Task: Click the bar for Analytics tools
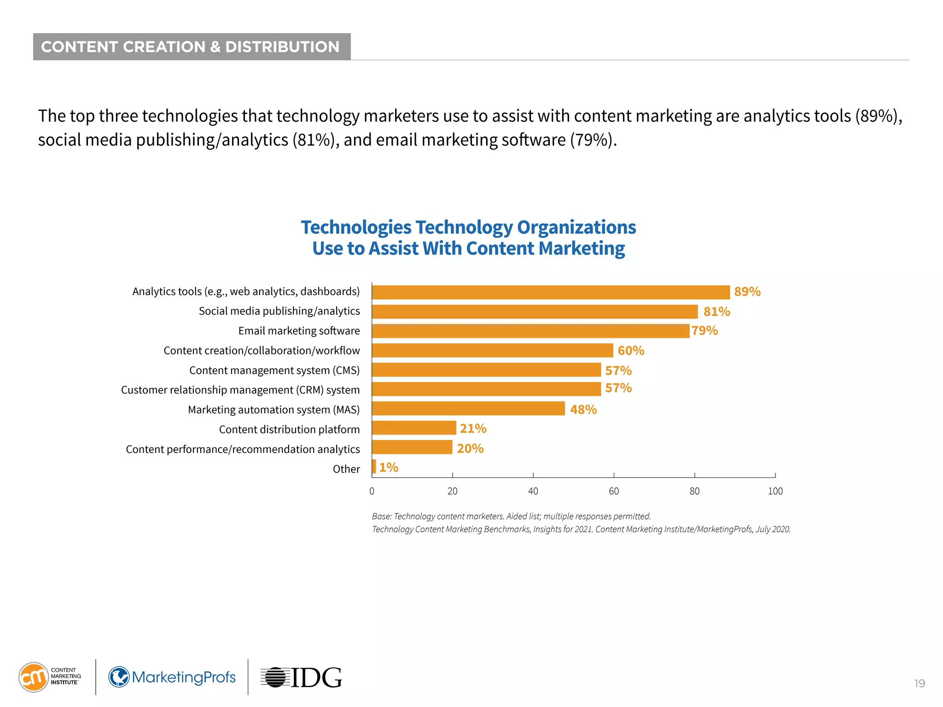(x=551, y=292)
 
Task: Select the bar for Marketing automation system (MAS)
(x=468, y=408)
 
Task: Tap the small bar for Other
(x=374, y=466)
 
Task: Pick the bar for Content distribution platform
(x=414, y=428)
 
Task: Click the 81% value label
(x=716, y=312)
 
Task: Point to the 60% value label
(x=630, y=351)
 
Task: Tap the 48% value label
(x=583, y=409)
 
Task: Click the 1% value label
(x=388, y=467)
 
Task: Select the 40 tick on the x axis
(x=533, y=491)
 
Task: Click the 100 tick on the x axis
(x=775, y=491)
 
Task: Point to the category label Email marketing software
(x=299, y=331)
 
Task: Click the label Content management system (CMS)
(x=274, y=371)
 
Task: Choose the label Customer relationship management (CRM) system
(x=240, y=390)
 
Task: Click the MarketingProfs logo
(x=172, y=677)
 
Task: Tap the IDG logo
(x=302, y=678)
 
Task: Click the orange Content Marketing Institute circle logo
(x=33, y=677)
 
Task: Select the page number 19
(x=919, y=684)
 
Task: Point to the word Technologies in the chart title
(x=356, y=227)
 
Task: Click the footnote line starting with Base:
(x=511, y=516)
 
